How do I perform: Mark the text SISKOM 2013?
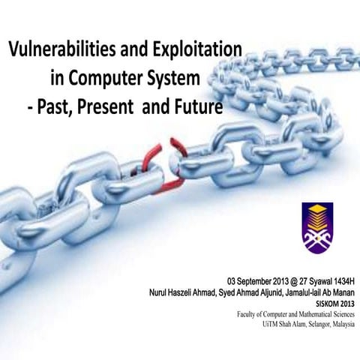coord(334,303)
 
